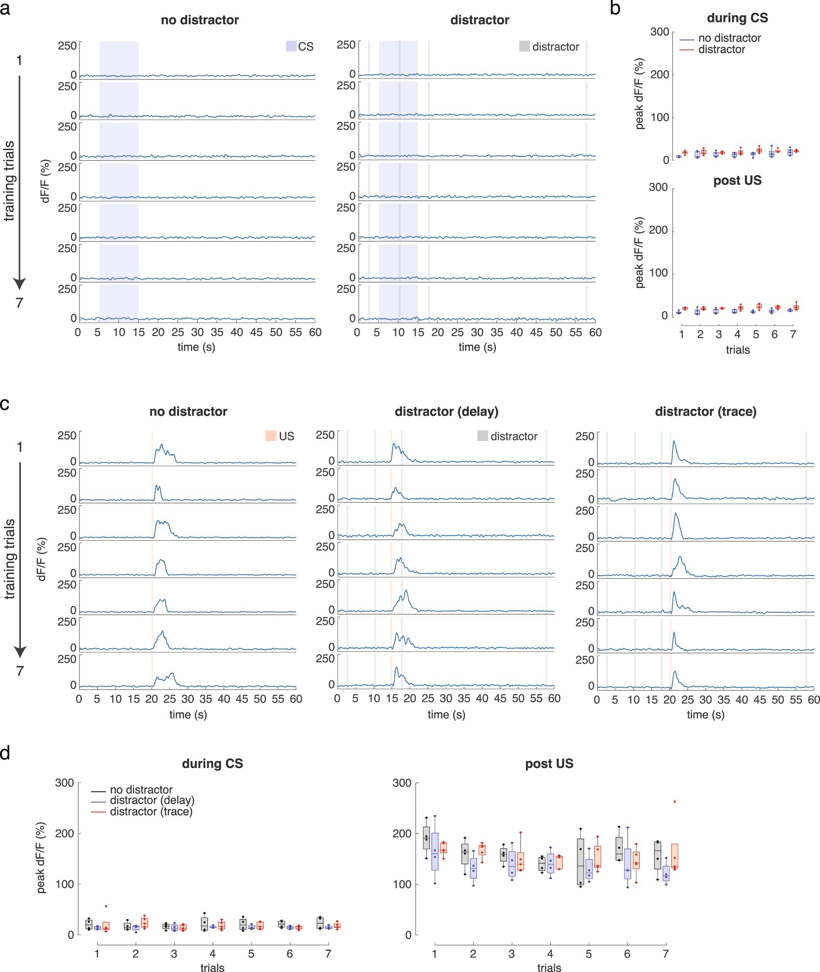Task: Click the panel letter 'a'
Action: [x=5, y=8]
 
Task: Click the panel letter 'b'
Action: [x=615, y=8]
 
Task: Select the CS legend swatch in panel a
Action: [x=291, y=46]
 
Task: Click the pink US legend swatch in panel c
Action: [x=271, y=436]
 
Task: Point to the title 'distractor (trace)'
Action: [x=705, y=411]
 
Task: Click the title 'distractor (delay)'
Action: [x=446, y=411]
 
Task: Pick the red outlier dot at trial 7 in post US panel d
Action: [x=675, y=801]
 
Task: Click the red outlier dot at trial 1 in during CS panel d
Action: [x=106, y=906]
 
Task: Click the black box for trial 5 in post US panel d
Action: [x=580, y=861]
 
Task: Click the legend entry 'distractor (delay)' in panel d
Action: [x=152, y=800]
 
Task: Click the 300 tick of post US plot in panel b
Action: [x=658, y=187]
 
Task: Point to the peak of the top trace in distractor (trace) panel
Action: [x=674, y=441]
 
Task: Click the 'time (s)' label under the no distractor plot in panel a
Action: [x=196, y=347]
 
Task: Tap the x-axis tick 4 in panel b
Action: [x=737, y=334]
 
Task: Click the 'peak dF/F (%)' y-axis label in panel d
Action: [x=41, y=858]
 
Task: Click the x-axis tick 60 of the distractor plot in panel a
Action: [x=595, y=332]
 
